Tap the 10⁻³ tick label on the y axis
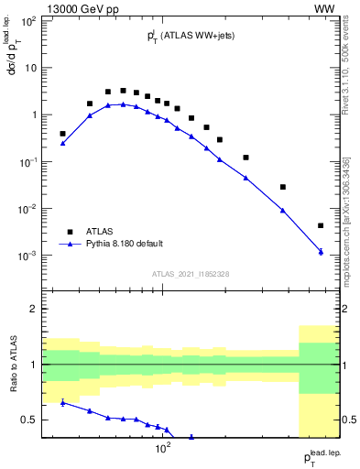tap(27, 256)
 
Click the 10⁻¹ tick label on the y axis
tap(27, 162)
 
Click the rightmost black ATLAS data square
tap(321, 225)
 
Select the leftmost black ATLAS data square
tap(62, 134)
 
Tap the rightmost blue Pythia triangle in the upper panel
tap(321, 251)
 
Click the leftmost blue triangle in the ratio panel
tap(62, 402)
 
